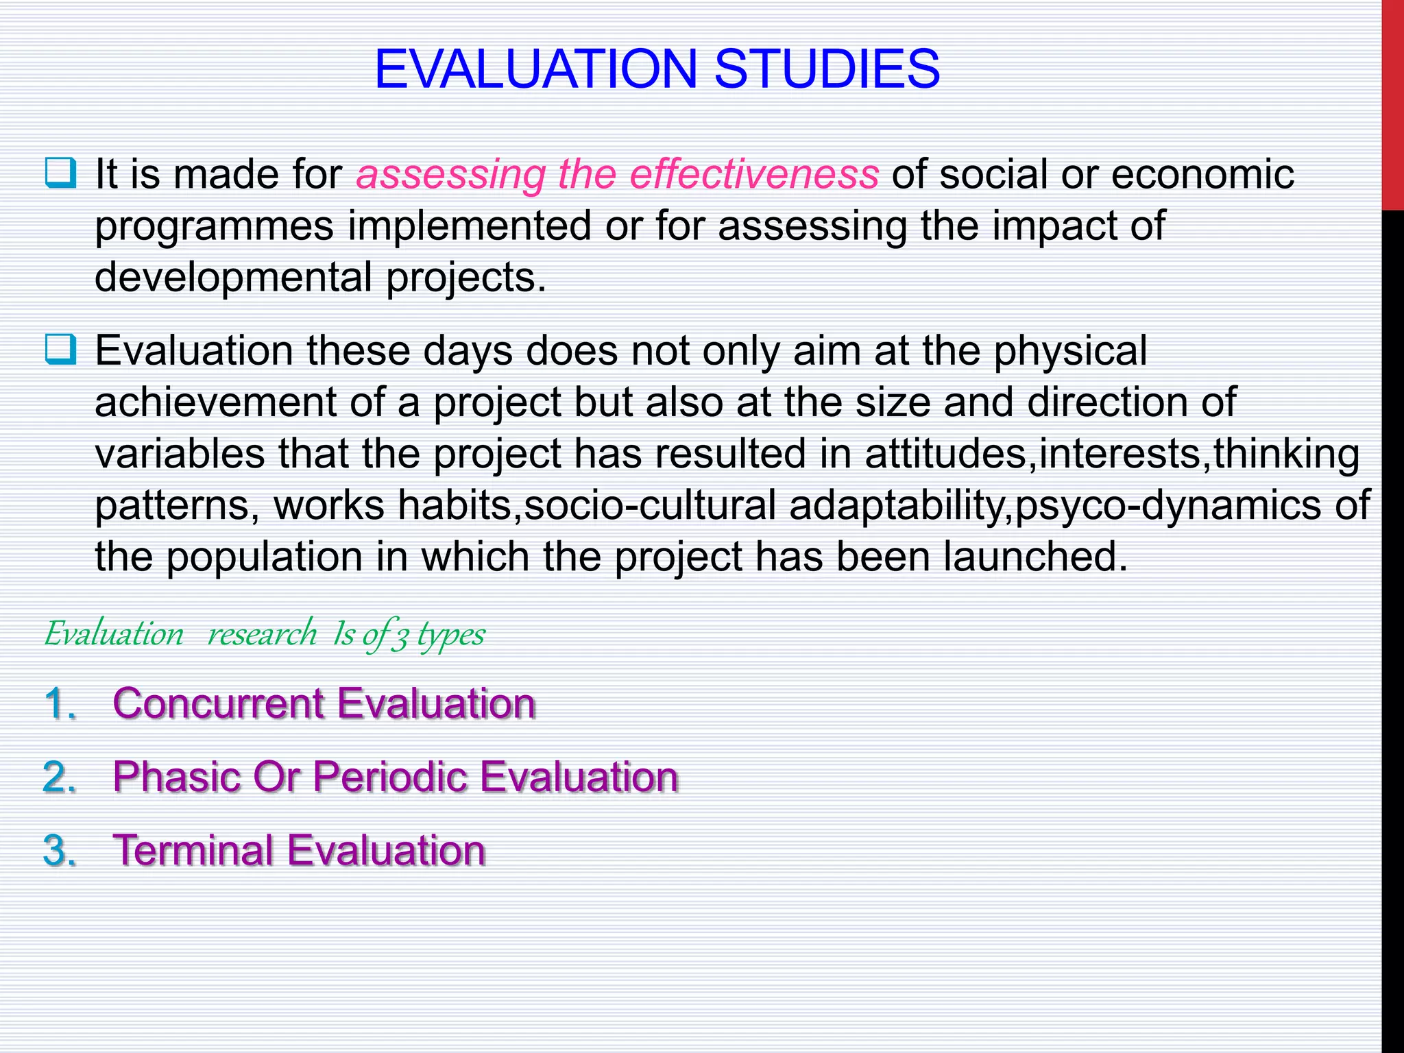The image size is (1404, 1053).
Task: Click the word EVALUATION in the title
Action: [535, 69]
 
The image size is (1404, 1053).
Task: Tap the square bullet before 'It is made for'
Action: [60, 173]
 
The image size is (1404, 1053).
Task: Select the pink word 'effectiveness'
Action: [753, 174]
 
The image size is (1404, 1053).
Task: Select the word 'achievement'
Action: [215, 402]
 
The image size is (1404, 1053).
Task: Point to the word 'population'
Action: [265, 557]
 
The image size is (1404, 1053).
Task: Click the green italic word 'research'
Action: [262, 633]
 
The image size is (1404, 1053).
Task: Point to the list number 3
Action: [59, 850]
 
